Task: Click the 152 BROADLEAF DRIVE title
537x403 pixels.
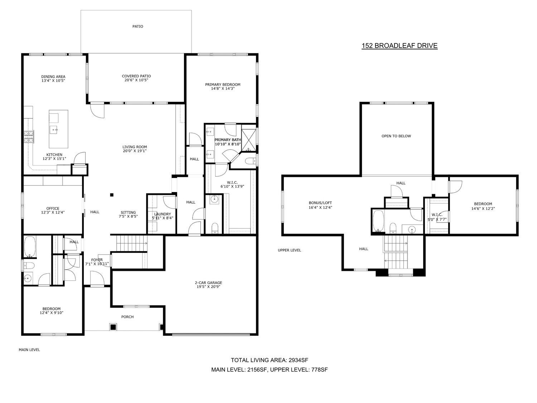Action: [x=400, y=46]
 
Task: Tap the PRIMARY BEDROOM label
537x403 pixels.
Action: [x=223, y=85]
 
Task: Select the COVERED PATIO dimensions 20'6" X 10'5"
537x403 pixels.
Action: [x=136, y=80]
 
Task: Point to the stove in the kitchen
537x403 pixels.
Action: [x=29, y=137]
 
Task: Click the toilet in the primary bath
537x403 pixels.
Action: [x=250, y=161]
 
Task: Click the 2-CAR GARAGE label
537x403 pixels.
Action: [x=208, y=283]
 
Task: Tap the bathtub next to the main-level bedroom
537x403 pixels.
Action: [x=30, y=247]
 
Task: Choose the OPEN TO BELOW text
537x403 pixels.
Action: [x=396, y=136]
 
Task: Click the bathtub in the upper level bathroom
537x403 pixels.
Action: [x=378, y=221]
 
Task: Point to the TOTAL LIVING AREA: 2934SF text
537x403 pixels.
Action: [x=269, y=360]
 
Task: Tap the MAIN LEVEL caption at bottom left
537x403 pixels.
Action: [x=29, y=350]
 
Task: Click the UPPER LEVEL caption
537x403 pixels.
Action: [x=289, y=250]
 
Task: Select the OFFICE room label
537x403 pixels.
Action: [x=53, y=208]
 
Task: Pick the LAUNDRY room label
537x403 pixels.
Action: [x=163, y=214]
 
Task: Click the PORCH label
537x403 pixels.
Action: [x=127, y=317]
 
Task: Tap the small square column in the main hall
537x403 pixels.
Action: [x=112, y=195]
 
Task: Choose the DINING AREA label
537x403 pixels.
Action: [x=53, y=77]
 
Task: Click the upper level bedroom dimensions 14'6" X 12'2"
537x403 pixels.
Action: [x=483, y=209]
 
